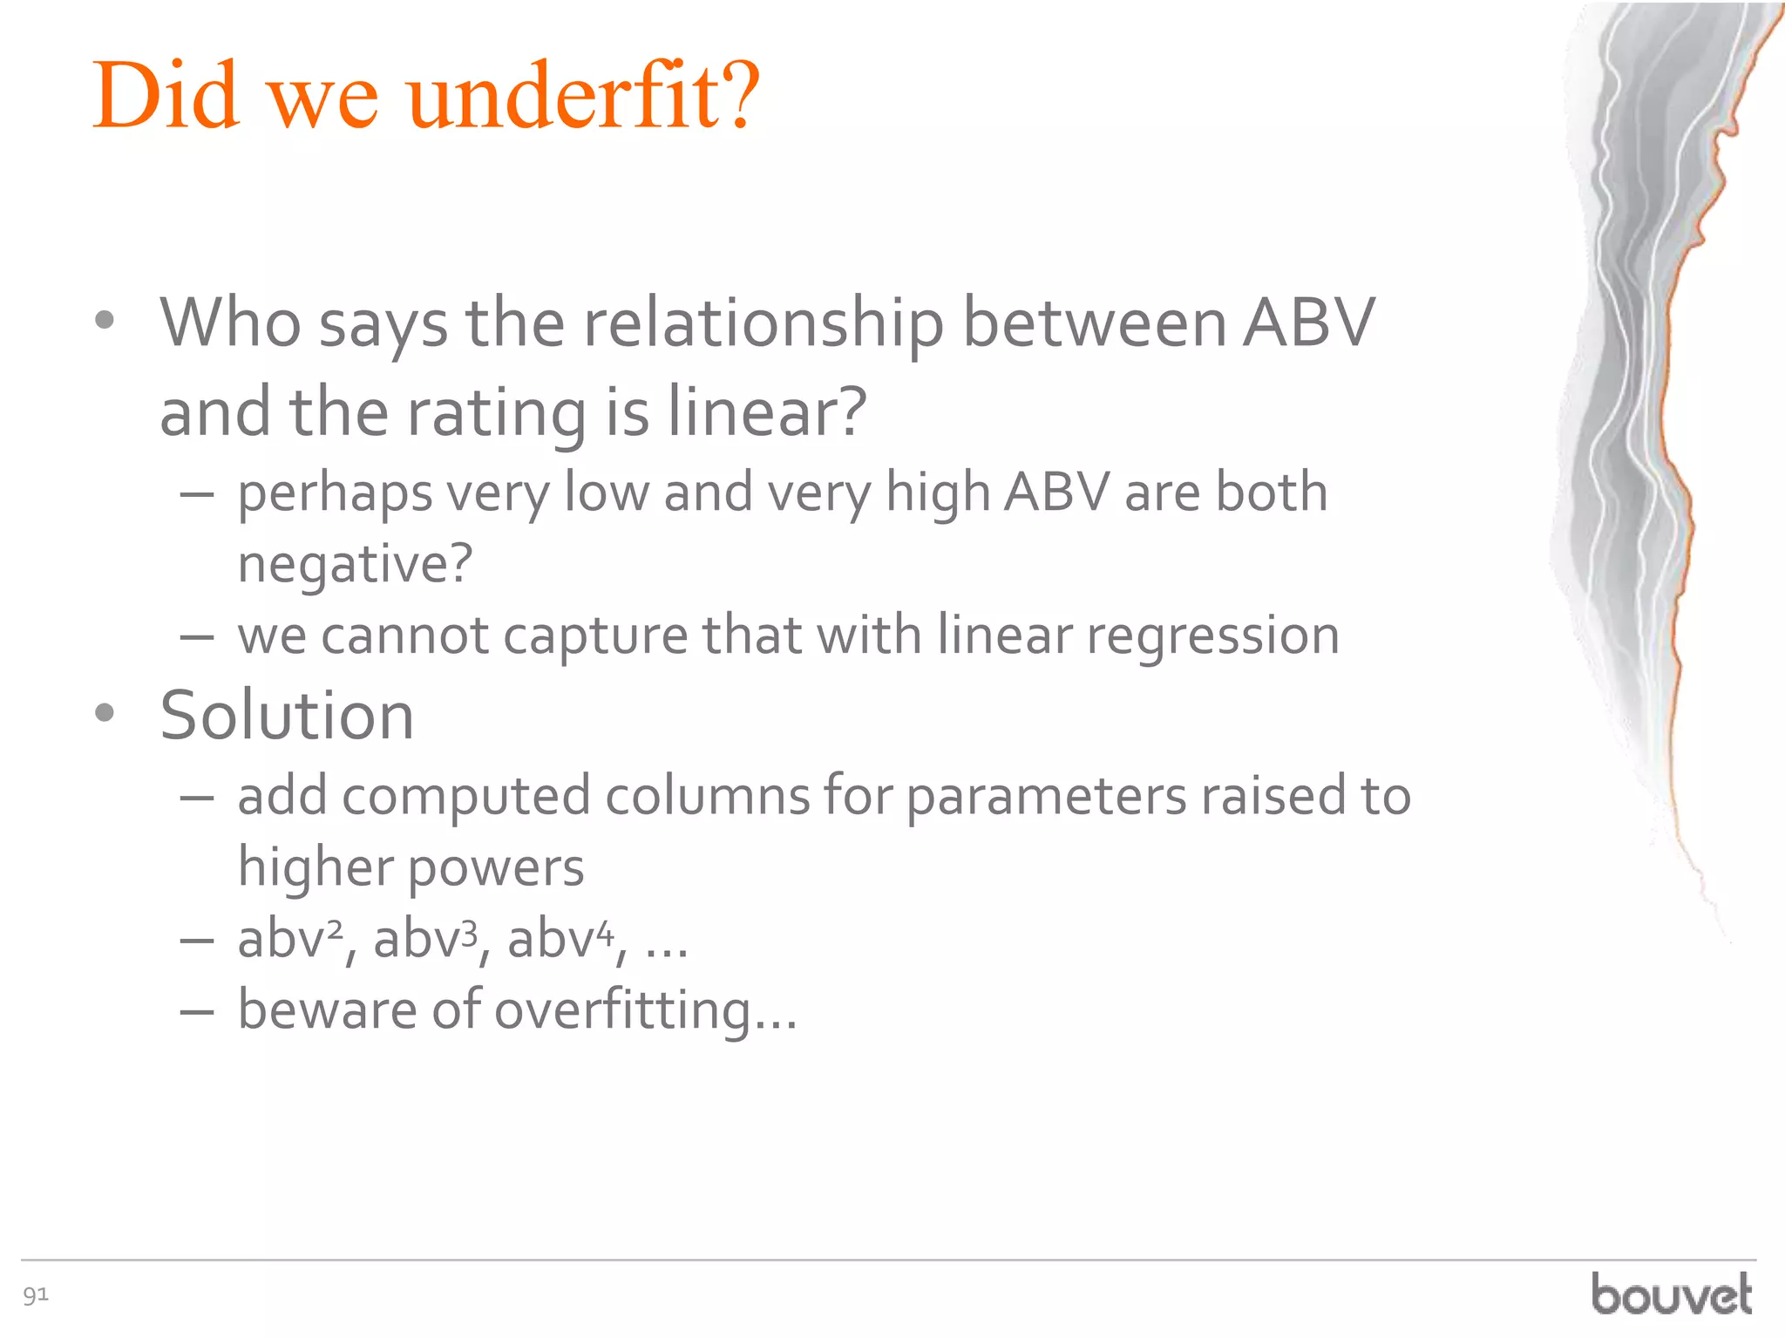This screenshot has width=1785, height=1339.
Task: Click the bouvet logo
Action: coord(1671,1294)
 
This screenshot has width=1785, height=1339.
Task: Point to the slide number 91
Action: coord(36,1295)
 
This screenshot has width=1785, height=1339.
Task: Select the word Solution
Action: coord(287,716)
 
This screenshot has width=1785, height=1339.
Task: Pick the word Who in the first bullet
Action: coord(230,323)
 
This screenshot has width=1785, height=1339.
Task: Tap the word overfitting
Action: coord(645,1011)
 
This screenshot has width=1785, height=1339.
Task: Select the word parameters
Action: coord(1047,798)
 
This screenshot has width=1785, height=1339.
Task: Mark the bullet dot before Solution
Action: coord(105,714)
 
